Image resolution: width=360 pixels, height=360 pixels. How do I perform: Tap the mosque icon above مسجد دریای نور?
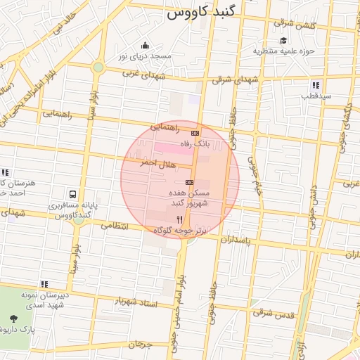pos(145,45)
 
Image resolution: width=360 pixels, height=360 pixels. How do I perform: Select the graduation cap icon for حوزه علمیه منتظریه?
pos(283,41)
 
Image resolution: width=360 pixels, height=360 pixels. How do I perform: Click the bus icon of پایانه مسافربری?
pos(72,193)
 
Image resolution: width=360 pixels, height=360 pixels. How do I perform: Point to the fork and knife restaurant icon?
pos(179,220)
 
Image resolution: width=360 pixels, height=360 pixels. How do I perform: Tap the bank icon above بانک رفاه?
pos(195,133)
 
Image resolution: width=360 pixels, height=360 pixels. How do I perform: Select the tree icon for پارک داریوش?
pos(15,319)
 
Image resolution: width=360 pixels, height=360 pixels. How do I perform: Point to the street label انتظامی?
pos(115,226)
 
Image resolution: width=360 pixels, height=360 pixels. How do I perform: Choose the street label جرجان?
pos(140,345)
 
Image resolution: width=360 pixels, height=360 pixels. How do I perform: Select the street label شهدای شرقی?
pos(236,80)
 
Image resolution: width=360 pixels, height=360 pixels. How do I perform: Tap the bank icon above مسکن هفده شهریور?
pos(189,182)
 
